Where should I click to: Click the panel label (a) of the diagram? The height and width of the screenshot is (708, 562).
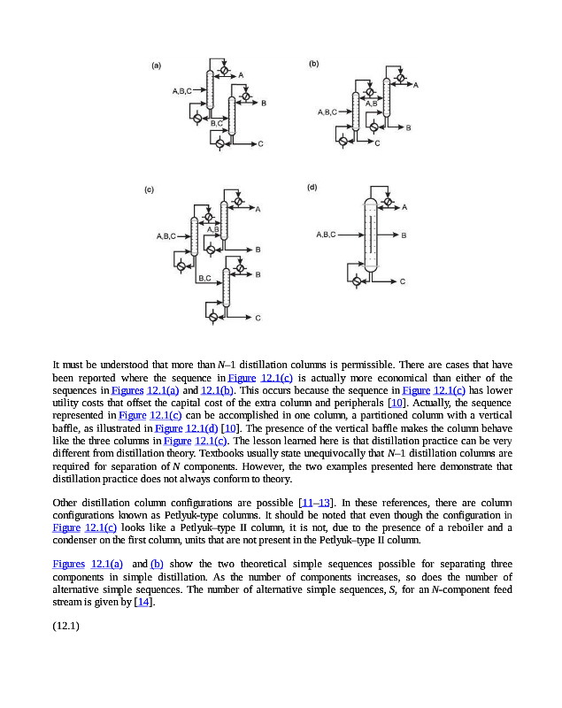(x=156, y=65)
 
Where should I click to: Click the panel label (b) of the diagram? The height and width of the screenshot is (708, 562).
(x=313, y=65)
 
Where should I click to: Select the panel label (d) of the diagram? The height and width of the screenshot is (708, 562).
(x=312, y=188)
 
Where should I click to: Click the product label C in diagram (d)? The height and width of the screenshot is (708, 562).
(x=403, y=282)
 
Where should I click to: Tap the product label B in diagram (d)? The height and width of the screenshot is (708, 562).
(x=404, y=235)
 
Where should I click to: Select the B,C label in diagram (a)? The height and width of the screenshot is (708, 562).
(x=216, y=123)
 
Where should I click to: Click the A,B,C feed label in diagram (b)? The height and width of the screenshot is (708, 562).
(x=327, y=112)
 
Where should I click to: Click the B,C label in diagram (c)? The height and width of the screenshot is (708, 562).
(x=204, y=278)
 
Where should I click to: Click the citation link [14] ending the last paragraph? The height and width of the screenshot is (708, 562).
(x=141, y=603)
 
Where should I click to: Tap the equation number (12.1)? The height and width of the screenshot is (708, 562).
(x=66, y=627)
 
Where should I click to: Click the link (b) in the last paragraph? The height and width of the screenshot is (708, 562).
(x=157, y=564)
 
